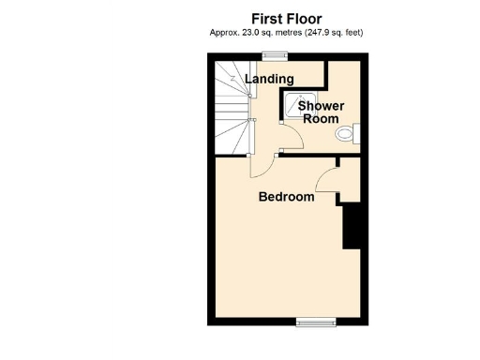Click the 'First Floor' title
pos(287,18)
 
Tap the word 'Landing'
pos(269,80)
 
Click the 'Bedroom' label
pos(286,197)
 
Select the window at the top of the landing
pos(275,53)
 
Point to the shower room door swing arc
pos(293,139)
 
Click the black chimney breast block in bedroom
pos(354,227)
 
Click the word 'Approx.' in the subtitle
pos(225,33)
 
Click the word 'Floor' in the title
pos(305,18)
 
